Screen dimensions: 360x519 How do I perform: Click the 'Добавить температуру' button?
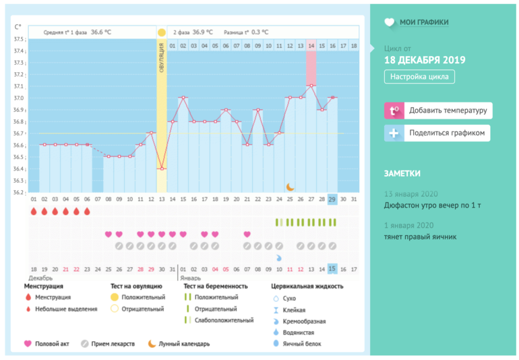pyautogui.click(x=438, y=111)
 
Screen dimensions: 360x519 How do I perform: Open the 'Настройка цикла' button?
pyautogui.click(x=419, y=77)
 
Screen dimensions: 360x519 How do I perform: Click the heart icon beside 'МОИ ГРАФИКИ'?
pyautogui.click(x=389, y=22)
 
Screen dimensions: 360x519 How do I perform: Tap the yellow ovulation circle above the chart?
pyautogui.click(x=162, y=32)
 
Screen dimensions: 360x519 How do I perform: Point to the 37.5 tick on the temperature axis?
pyautogui.click(x=20, y=39)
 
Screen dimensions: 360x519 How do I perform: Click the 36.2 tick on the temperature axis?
pyautogui.click(x=20, y=192)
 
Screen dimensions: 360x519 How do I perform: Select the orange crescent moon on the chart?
pyautogui.click(x=290, y=187)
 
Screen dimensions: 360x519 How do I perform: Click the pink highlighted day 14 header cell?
pyautogui.click(x=311, y=46)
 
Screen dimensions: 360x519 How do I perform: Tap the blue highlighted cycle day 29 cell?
pyautogui.click(x=332, y=200)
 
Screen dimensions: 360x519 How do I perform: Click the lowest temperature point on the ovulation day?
pyautogui.click(x=162, y=168)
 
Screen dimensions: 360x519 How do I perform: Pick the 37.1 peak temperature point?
pyautogui.click(x=311, y=86)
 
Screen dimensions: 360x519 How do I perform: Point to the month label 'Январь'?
pyautogui.click(x=190, y=277)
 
